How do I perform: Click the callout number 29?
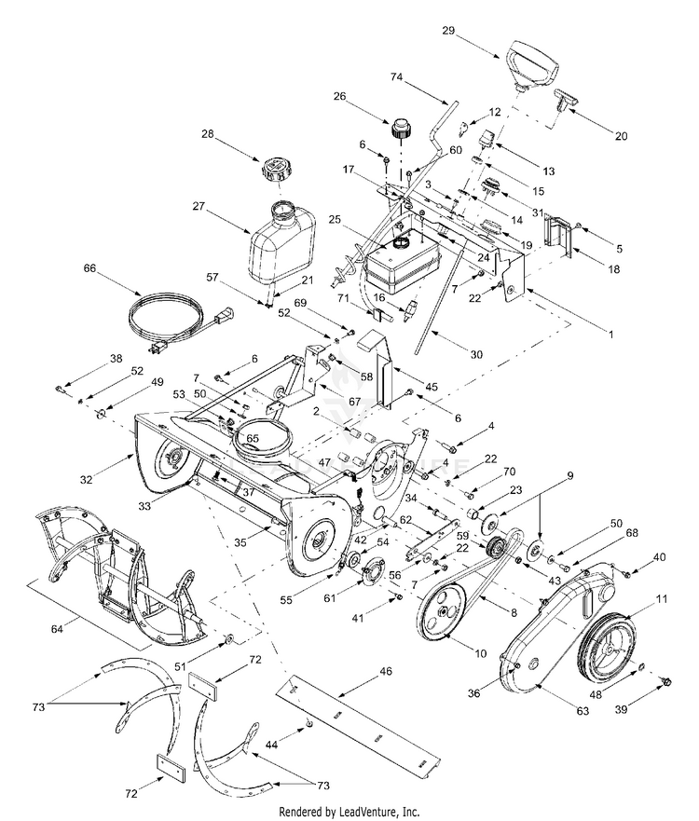[448, 31]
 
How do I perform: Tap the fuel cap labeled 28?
[275, 169]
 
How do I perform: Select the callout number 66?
[89, 267]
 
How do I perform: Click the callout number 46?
[385, 671]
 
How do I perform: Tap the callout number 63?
[582, 710]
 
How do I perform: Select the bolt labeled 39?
[666, 681]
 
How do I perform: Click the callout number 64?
[57, 628]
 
